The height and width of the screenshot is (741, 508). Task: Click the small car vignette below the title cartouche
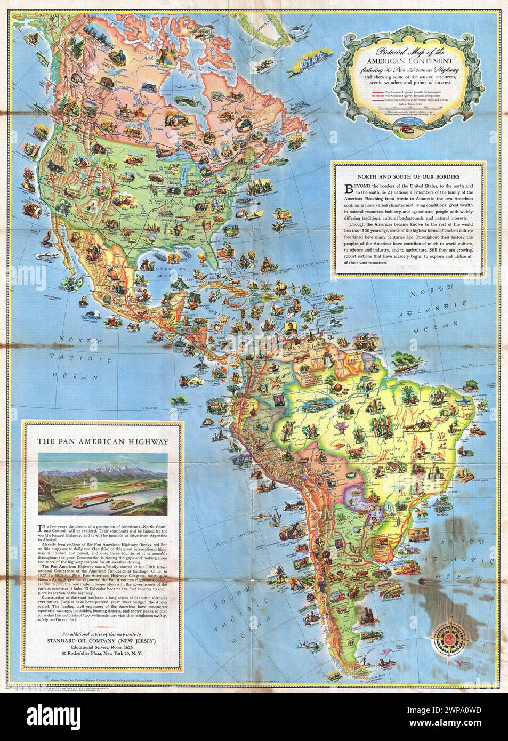(409, 125)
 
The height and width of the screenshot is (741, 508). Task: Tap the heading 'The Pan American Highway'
(103, 441)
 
